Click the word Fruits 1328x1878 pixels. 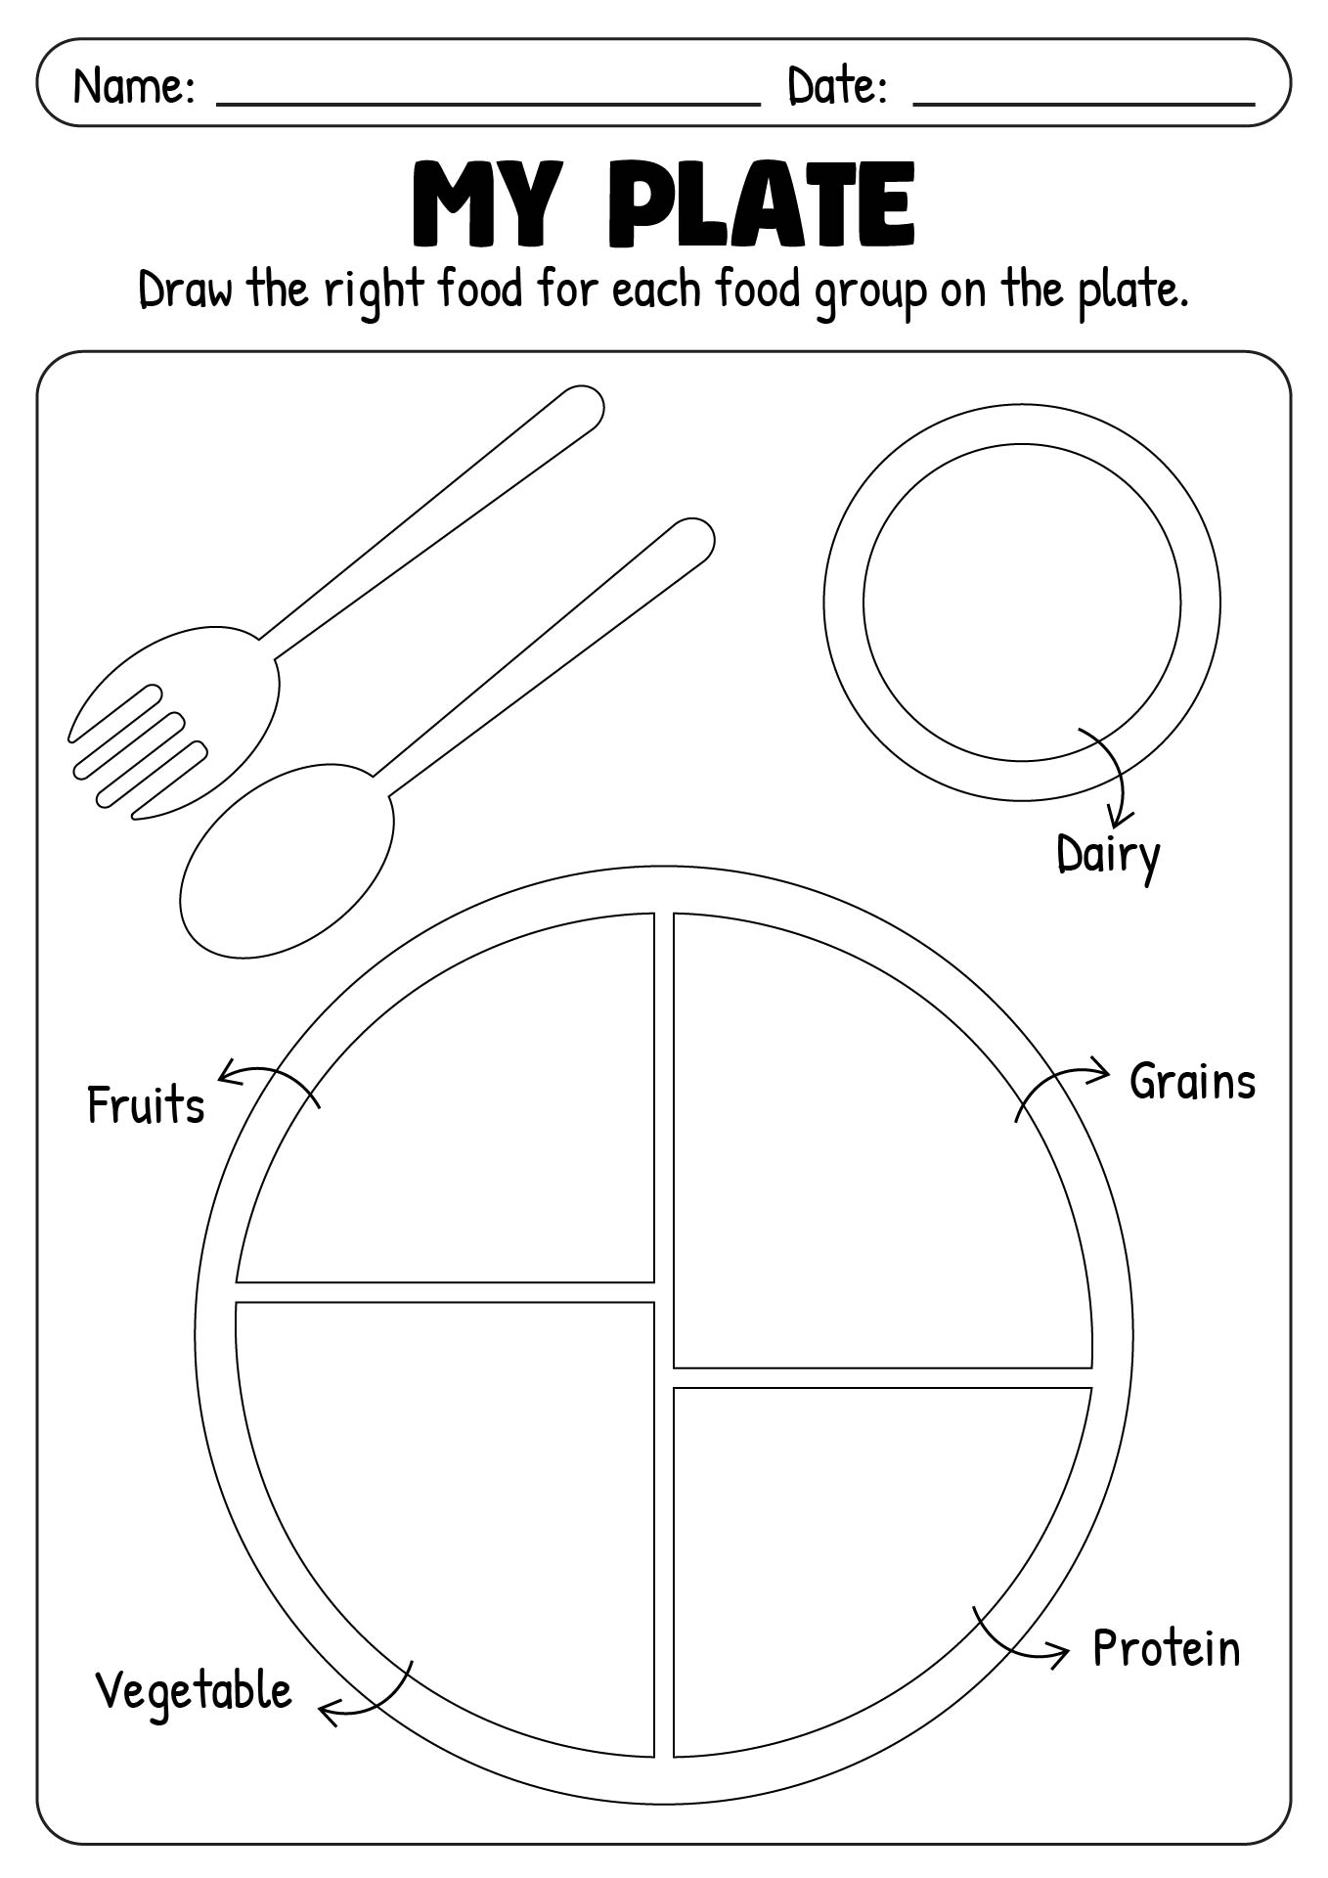click(146, 1106)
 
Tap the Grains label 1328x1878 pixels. click(1192, 1083)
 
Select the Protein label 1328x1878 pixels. click(1166, 1648)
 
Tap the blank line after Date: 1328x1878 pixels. click(1084, 98)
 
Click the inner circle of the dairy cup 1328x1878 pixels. click(1021, 602)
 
